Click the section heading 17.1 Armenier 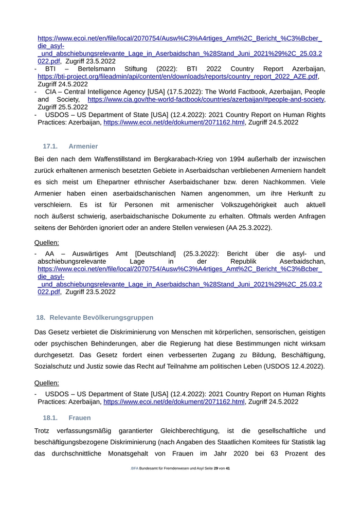click(70, 147)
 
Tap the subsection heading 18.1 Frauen click(67, 417)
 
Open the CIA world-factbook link click(206, 99)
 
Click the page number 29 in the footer click(216, 468)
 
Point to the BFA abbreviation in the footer click(135, 468)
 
